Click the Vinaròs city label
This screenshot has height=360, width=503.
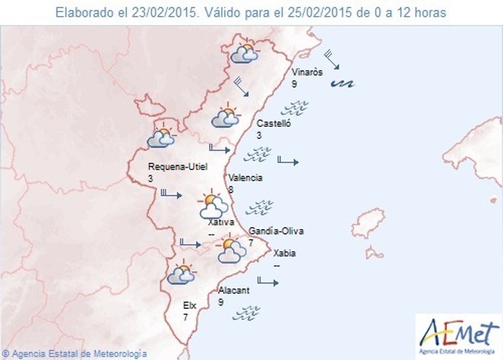307,73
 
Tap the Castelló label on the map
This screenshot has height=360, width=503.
273,124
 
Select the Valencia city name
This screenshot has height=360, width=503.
245,178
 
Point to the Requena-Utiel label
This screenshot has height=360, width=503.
177,166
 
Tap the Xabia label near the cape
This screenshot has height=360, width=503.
284,254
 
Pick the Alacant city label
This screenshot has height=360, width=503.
234,290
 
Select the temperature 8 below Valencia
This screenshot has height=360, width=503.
230,189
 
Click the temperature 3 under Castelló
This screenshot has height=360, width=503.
259,136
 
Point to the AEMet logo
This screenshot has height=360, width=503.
458,335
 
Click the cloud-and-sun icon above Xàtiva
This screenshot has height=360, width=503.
212,205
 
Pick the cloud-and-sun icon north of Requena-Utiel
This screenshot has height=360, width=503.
161,138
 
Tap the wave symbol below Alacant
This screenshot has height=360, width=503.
246,314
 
